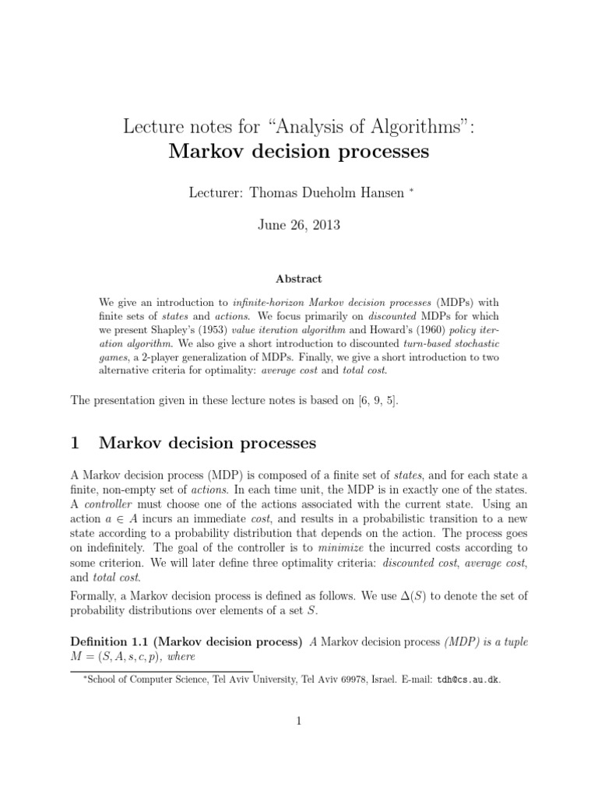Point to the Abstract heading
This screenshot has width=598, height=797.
299,278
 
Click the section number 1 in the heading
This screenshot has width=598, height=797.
76,443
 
